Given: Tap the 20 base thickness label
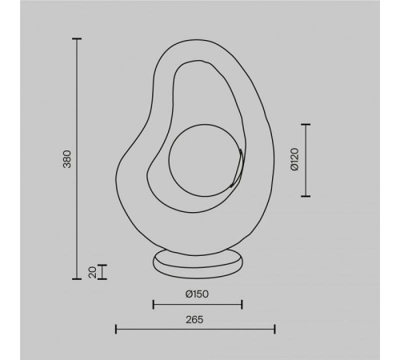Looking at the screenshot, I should pyautogui.click(x=93, y=273).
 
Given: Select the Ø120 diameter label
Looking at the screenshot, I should pyautogui.click(x=294, y=159).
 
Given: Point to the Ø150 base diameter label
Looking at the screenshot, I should pyautogui.click(x=197, y=294).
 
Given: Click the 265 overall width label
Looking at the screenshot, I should pyautogui.click(x=196, y=318).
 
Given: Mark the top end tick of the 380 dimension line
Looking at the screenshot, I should pyautogui.click(x=77, y=38).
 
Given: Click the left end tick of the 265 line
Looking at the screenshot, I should pyautogui.click(x=117, y=329).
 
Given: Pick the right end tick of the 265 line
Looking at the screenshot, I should pyautogui.click(x=275, y=329).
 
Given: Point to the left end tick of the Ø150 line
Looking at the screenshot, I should pyautogui.click(x=152, y=304).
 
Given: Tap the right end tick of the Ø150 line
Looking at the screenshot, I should pyautogui.click(x=242, y=304).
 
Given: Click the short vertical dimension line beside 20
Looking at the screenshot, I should pyautogui.click(x=103, y=272).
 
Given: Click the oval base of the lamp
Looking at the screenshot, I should pyautogui.click(x=196, y=262).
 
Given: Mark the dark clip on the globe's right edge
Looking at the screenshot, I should pyautogui.click(x=234, y=174).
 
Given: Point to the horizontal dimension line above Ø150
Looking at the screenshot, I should pyautogui.click(x=197, y=304).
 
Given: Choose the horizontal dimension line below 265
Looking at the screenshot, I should pyautogui.click(x=196, y=329).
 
